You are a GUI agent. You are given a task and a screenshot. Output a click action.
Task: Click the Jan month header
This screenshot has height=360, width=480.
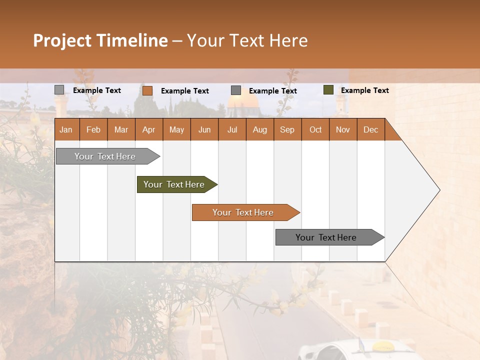66,129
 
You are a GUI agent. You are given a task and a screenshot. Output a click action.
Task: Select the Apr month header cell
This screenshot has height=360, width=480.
149,129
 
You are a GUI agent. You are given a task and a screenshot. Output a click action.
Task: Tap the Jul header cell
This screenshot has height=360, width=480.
232,129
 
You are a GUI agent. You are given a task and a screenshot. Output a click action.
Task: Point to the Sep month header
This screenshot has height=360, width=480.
287,129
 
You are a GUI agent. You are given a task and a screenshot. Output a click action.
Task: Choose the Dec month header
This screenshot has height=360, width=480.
370,129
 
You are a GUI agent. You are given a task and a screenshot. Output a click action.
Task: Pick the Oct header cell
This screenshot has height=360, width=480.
315,129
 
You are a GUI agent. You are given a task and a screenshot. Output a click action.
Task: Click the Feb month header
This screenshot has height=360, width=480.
93,129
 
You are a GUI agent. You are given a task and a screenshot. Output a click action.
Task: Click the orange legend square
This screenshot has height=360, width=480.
147,90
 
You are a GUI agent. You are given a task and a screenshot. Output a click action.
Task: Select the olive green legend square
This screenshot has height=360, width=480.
328,90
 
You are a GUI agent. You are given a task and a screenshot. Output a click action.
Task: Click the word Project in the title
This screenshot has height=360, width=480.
61,40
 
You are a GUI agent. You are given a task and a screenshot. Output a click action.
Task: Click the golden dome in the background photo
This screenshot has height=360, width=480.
243,102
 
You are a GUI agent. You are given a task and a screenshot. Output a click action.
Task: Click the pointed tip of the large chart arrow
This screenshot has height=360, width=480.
438,190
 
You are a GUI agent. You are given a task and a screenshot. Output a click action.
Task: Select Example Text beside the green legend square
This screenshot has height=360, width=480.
364,90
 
